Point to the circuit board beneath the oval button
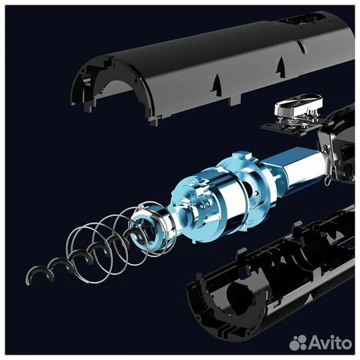coord(291,127)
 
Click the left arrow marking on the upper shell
coord(217,84)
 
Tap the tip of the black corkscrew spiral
coord(29,284)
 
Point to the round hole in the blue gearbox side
coord(251,188)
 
